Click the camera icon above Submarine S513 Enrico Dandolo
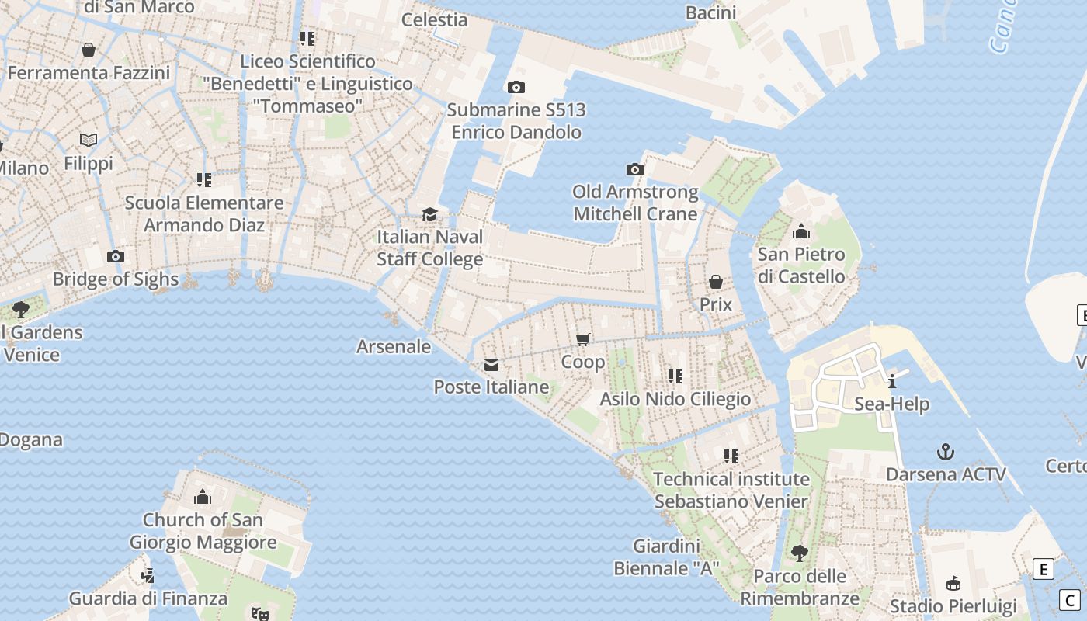[516, 88]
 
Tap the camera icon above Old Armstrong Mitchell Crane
[634, 169]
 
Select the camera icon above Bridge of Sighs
[115, 257]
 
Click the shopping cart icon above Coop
[583, 339]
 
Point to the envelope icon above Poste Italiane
[491, 365]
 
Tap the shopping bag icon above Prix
[715, 282]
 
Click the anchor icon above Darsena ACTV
[945, 452]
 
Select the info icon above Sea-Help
[892, 381]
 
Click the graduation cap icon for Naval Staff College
[429, 214]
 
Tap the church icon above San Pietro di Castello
[801, 231]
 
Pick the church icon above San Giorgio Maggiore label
[203, 497]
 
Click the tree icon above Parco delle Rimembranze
[799, 553]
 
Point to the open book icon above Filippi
[89, 141]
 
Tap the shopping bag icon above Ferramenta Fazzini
[89, 50]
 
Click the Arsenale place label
[393, 346]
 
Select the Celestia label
[434, 19]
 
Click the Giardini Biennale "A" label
[666, 557]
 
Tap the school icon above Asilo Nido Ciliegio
[675, 376]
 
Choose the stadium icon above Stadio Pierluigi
[953, 583]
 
